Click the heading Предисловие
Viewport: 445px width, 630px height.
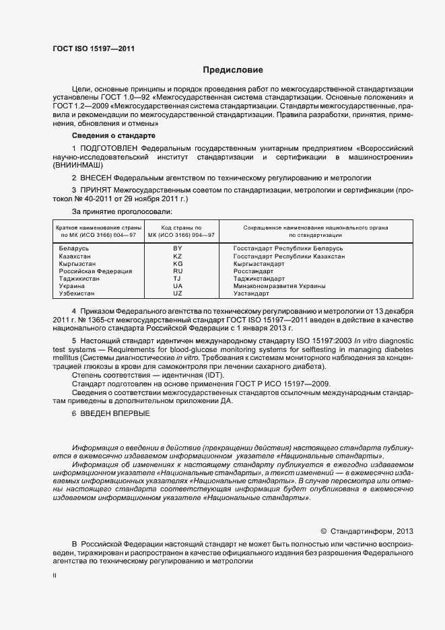pos(233,70)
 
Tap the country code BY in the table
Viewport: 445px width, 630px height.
pos(178,248)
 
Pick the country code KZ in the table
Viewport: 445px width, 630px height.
pos(178,256)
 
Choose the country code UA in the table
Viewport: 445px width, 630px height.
pos(178,286)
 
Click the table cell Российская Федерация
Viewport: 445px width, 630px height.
pos(96,271)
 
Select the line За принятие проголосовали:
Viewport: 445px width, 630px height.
pos(116,211)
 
